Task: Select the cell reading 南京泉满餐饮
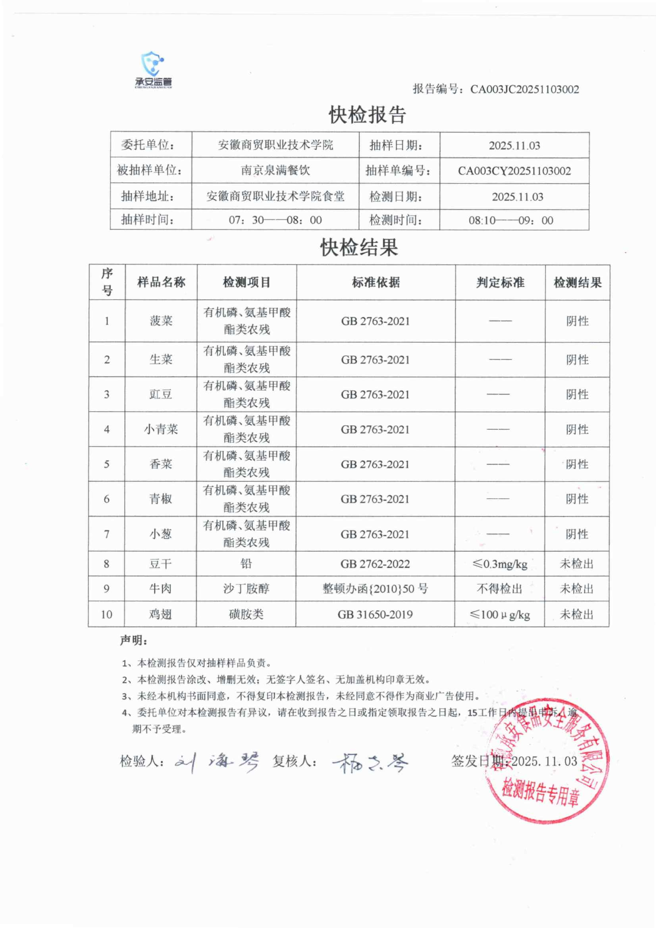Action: coord(275,170)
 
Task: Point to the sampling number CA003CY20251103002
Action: coord(514,171)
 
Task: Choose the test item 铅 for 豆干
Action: coord(246,563)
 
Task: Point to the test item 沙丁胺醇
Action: coord(246,589)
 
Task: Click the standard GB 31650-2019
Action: coord(375,614)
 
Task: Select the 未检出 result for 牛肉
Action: coord(576,589)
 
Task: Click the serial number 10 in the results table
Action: coord(106,614)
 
